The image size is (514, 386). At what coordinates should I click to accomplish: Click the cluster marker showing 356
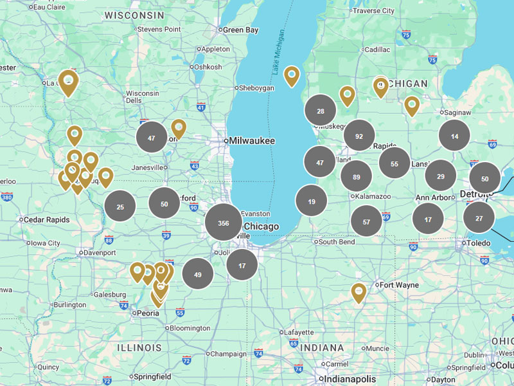click(x=224, y=223)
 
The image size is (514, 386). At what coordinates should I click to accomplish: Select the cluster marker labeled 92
click(x=359, y=136)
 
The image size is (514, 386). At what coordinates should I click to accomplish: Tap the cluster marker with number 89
click(x=356, y=176)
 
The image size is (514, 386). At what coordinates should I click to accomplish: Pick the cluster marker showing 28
click(x=320, y=111)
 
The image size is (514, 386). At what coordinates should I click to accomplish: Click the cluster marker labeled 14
click(x=454, y=136)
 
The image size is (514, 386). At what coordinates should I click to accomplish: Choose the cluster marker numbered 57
click(x=366, y=221)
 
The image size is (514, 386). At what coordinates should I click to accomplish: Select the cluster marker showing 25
click(x=120, y=206)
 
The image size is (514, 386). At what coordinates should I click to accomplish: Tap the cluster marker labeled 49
click(x=198, y=274)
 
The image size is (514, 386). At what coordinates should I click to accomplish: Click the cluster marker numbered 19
click(x=311, y=201)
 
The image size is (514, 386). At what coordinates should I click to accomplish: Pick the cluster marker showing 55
click(x=394, y=163)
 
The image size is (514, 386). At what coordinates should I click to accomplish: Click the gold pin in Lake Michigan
click(x=292, y=76)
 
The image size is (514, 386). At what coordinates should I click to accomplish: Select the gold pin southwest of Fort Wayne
click(x=358, y=293)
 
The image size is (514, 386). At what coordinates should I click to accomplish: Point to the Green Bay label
click(x=240, y=30)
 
